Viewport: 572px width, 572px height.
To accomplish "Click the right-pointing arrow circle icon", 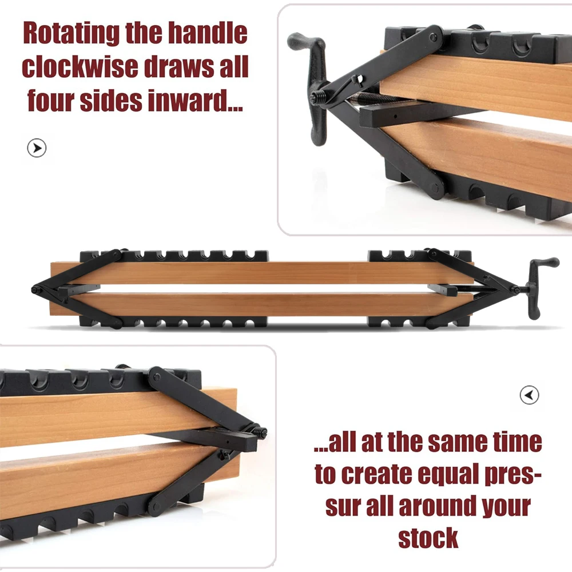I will coord(37,149).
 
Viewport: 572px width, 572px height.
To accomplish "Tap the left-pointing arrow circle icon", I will coord(530,395).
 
